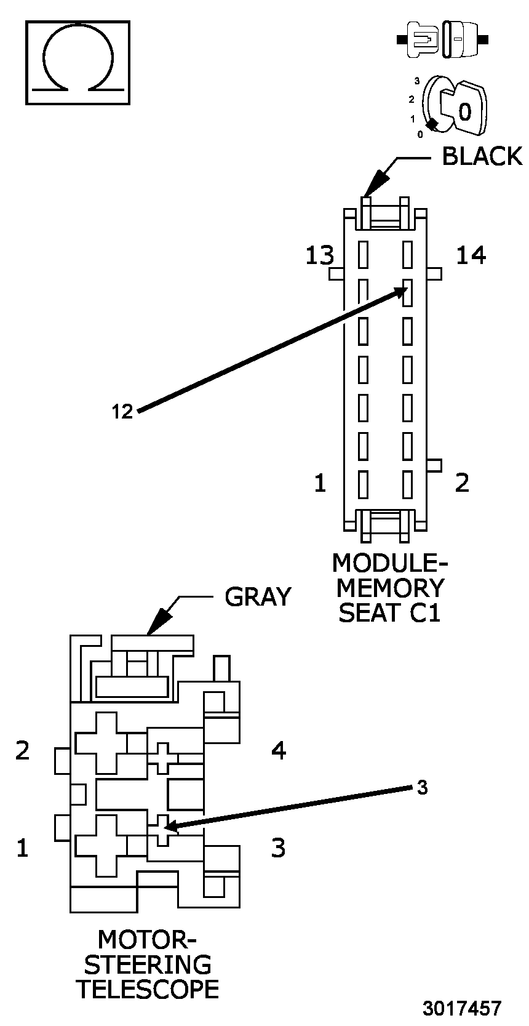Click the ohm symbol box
78,62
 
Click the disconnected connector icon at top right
443,40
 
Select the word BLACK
482,156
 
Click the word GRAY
258,596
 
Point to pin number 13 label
320,255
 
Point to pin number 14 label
471,255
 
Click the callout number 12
122,412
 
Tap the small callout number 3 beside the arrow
421,787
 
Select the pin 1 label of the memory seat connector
320,483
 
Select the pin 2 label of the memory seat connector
462,483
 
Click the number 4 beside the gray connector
279,750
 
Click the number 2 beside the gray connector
23,750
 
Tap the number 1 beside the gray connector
23,848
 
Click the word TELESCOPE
147,989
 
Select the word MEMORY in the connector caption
390,588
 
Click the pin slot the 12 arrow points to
407,292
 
